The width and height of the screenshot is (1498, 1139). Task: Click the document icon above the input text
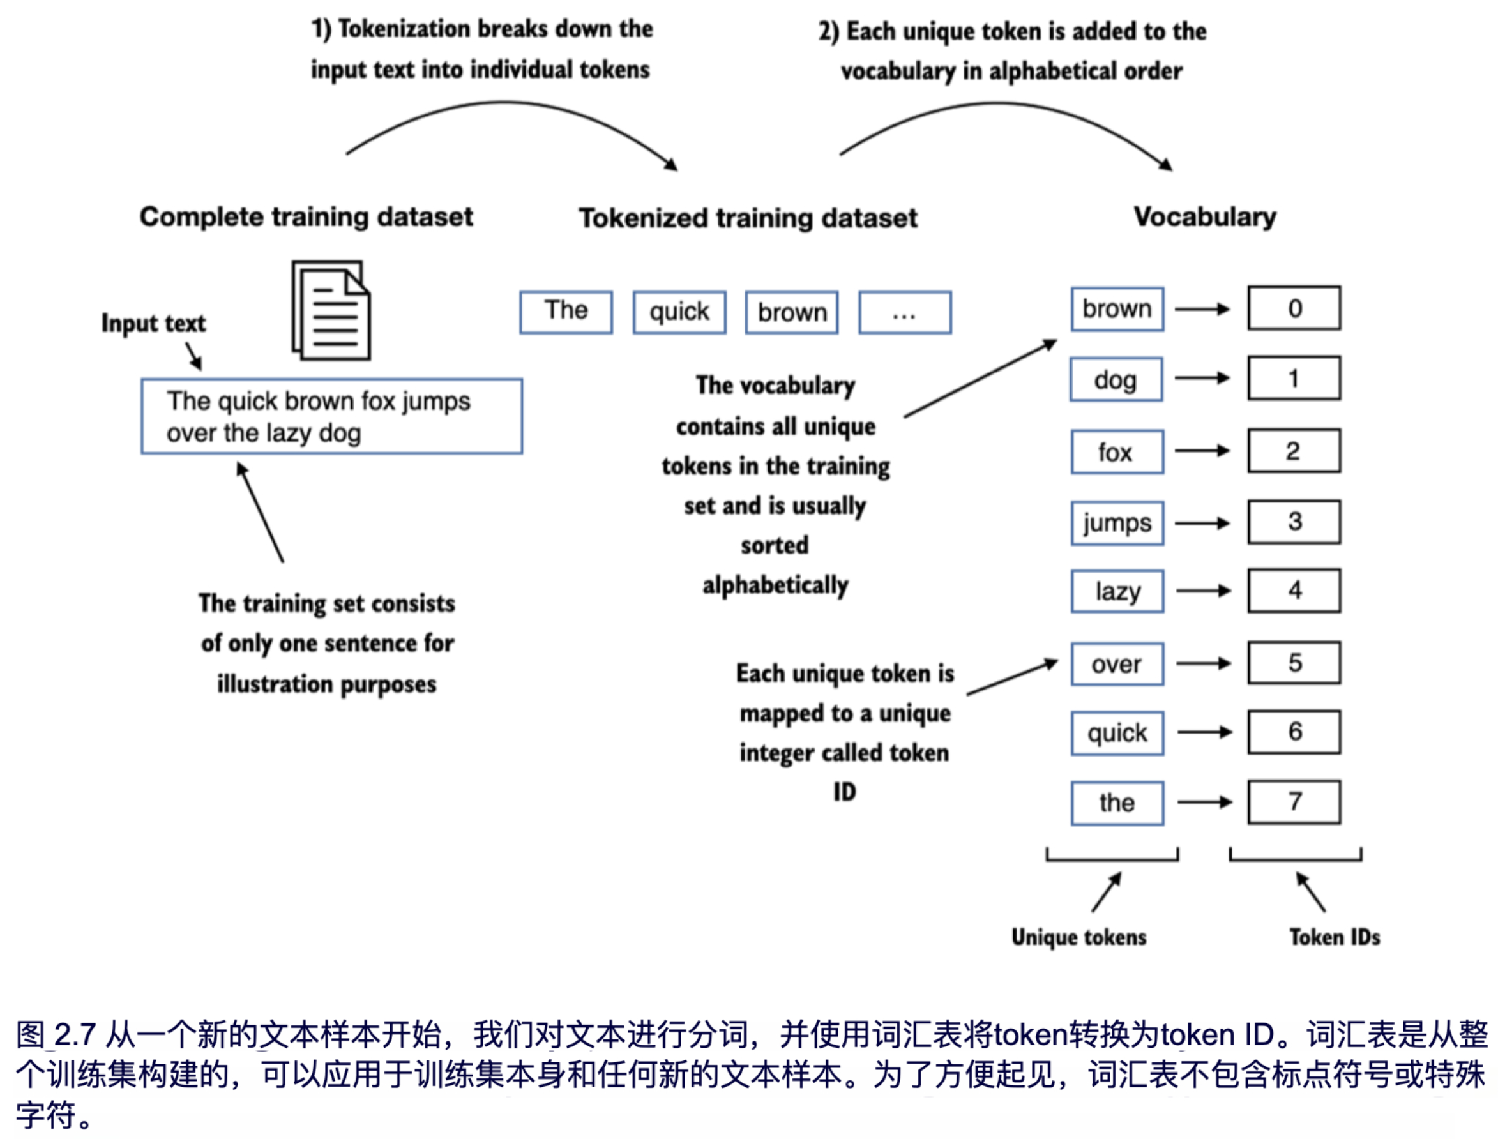(331, 310)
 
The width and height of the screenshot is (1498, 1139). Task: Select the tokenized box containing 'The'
(566, 312)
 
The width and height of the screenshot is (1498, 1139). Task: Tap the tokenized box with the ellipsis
(905, 313)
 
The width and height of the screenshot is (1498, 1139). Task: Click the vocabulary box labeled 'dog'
(1116, 380)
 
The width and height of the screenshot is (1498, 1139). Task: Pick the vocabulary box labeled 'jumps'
(1117, 523)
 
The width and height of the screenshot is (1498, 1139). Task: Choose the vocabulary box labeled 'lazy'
(1117, 591)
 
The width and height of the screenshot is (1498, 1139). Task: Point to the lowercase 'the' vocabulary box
(1117, 803)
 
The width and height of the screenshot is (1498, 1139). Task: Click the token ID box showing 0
(1294, 308)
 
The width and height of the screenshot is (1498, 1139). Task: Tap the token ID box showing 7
(1294, 801)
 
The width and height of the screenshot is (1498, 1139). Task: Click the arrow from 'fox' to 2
(1202, 451)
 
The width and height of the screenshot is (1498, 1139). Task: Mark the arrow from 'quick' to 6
(1204, 732)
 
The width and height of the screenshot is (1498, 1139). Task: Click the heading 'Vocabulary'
(1204, 217)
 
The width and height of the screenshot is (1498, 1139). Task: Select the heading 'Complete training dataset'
(306, 217)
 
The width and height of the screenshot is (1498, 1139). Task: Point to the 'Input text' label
(153, 324)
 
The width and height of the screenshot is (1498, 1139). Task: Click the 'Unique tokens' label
(1079, 937)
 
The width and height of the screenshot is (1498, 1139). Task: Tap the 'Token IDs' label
(1334, 937)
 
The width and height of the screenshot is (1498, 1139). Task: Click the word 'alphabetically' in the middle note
(775, 585)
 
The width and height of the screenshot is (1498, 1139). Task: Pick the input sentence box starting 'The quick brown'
(331, 416)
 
